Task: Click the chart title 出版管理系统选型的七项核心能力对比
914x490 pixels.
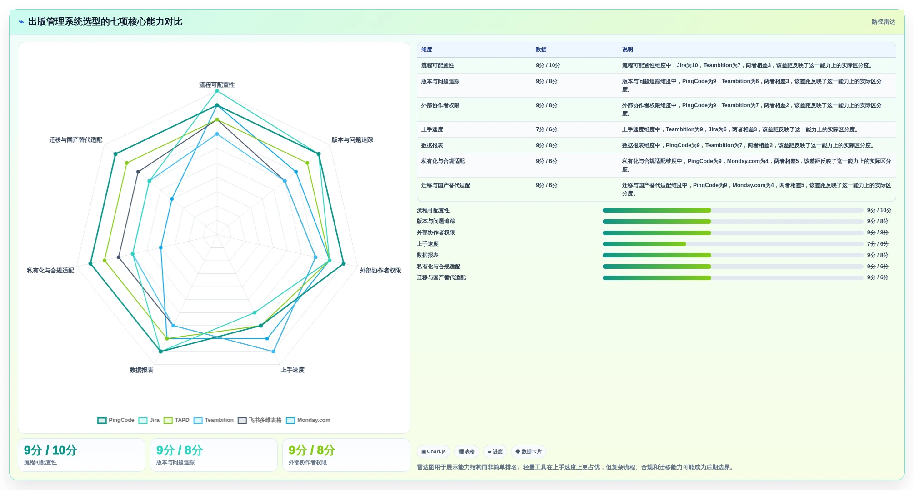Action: click(x=105, y=22)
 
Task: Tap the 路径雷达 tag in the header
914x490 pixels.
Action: click(x=883, y=22)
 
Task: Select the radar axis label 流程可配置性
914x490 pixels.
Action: click(x=217, y=85)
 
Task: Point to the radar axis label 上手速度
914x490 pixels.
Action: click(x=292, y=370)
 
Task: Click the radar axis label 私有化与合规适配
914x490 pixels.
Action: click(x=50, y=271)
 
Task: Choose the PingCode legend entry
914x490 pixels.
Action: click(x=116, y=420)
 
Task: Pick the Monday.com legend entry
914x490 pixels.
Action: click(x=308, y=420)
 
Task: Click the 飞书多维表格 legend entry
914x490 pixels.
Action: click(x=260, y=420)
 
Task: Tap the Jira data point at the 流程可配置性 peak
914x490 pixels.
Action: click(x=217, y=91)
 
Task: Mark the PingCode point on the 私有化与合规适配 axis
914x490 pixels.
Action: click(x=90, y=264)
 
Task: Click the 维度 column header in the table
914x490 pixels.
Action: click(x=427, y=50)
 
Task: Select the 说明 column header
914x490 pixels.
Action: click(x=627, y=50)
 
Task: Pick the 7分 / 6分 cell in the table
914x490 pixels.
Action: click(x=547, y=129)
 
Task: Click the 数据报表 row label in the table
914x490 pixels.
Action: click(x=432, y=145)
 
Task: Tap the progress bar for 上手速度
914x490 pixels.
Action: click(x=733, y=244)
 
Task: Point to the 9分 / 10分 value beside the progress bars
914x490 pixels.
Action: click(x=879, y=210)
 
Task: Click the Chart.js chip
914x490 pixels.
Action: click(x=434, y=452)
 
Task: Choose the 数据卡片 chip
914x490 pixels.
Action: click(x=529, y=452)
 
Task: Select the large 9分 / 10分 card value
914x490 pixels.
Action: click(x=50, y=450)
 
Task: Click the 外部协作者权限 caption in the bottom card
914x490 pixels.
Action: click(x=308, y=462)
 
